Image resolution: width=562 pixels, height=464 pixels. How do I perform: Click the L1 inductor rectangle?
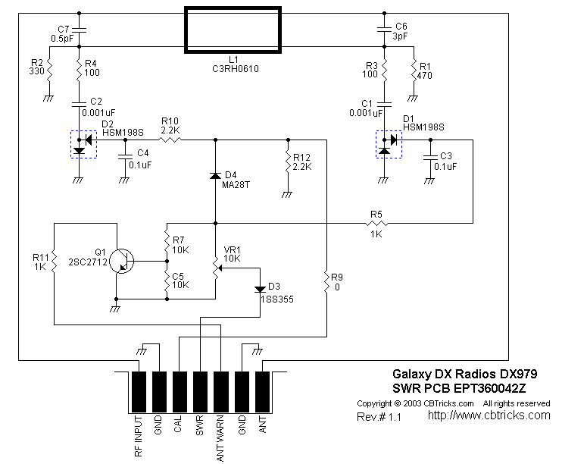233,30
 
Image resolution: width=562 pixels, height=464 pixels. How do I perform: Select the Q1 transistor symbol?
121,261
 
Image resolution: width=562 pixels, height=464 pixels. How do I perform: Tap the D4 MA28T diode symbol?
216,176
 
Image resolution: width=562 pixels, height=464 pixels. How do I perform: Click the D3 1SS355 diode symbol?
259,288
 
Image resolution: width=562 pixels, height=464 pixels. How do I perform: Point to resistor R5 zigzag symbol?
376,224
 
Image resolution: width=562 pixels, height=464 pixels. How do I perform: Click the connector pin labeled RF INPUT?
139,390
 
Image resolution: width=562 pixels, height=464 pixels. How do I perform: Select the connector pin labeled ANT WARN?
220,390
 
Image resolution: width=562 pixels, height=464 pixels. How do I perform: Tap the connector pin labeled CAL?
180,390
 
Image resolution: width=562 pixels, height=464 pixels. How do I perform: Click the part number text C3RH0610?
233,68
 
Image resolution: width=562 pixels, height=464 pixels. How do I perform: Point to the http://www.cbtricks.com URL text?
489,415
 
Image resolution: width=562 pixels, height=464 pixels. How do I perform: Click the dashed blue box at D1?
388,144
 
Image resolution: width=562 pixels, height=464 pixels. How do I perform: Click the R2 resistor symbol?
48,74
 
